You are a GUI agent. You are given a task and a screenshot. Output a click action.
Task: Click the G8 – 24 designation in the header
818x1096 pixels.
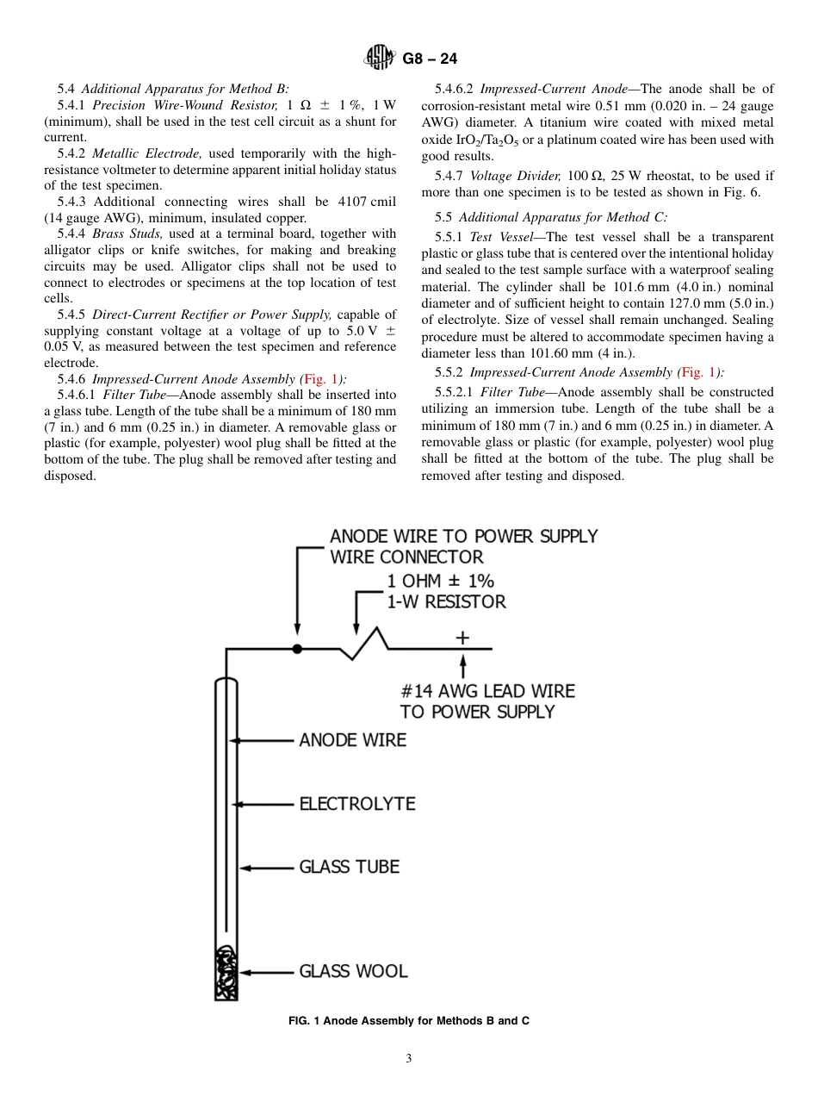(430, 59)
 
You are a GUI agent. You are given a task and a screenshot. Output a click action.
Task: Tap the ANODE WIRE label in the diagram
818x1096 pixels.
(352, 740)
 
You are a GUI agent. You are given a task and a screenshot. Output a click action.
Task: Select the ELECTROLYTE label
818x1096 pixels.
(356, 804)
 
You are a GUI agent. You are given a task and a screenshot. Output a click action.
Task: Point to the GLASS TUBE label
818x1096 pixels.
(349, 867)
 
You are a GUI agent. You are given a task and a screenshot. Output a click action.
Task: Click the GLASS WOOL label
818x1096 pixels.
(353, 972)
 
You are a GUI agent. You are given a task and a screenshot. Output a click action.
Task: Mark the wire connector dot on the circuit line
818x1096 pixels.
(297, 648)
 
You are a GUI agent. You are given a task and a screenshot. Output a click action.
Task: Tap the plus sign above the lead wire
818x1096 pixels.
(462, 638)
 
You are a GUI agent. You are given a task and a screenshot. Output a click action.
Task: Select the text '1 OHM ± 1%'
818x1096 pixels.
(440, 581)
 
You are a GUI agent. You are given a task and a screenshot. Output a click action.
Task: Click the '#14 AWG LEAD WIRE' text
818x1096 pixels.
(487, 691)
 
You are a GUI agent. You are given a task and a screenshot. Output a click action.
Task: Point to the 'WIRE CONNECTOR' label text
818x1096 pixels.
(406, 557)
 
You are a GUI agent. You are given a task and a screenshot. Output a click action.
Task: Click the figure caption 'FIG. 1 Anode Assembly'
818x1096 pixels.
(408, 1021)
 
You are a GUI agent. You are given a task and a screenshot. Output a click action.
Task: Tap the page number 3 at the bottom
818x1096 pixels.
(409, 1059)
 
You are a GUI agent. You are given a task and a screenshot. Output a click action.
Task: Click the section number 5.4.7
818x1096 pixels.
(451, 176)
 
